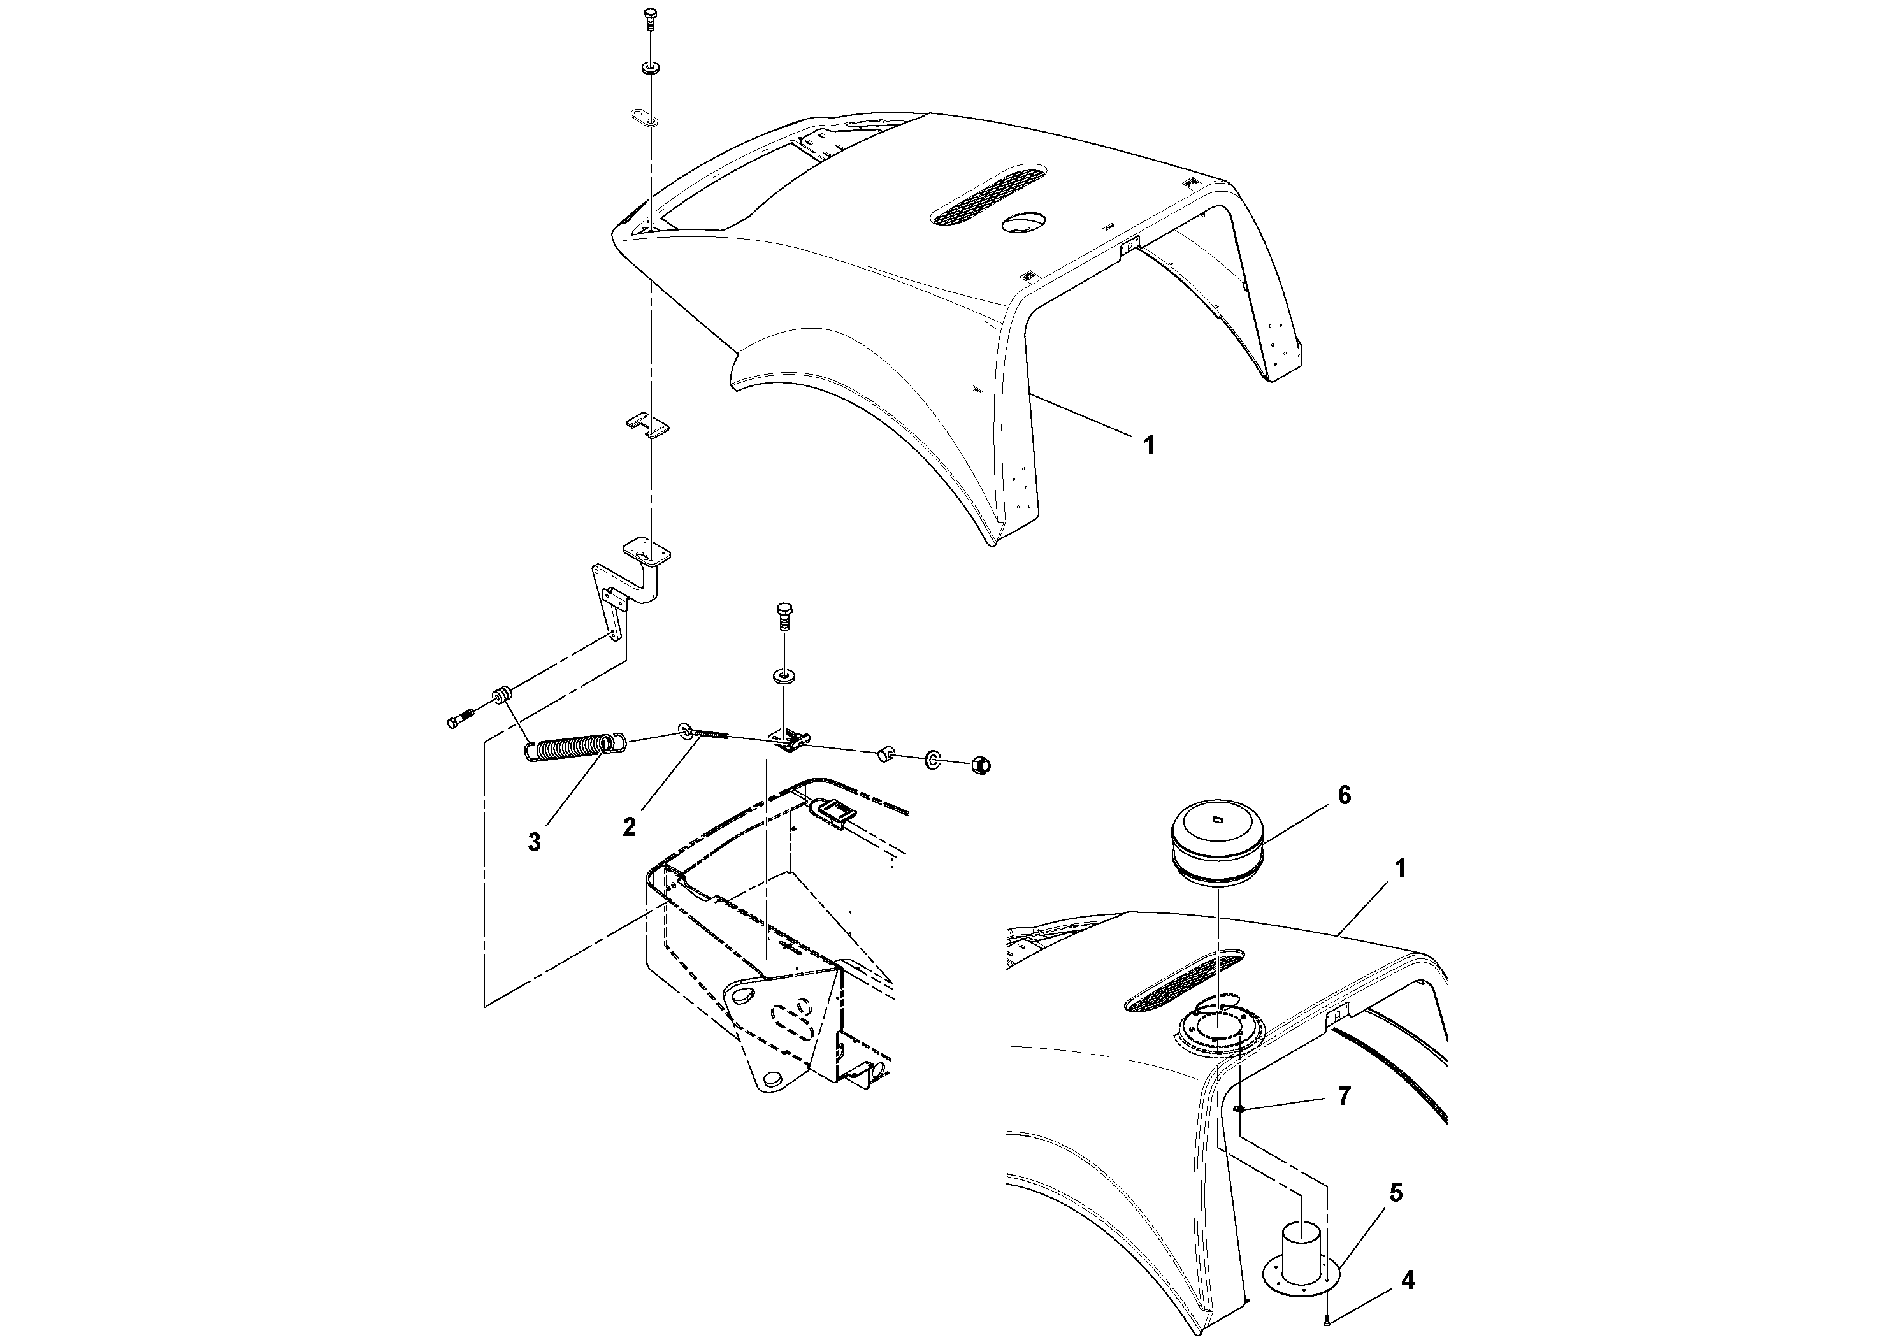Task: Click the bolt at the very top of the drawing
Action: coord(649,18)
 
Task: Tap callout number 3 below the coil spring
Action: coord(535,842)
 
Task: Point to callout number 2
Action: coord(630,827)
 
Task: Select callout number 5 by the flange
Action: coord(1396,1192)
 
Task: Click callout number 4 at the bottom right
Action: coord(1408,1281)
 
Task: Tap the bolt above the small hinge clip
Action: coord(783,616)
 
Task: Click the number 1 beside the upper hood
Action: coord(1148,445)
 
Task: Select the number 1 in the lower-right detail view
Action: coord(1399,869)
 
